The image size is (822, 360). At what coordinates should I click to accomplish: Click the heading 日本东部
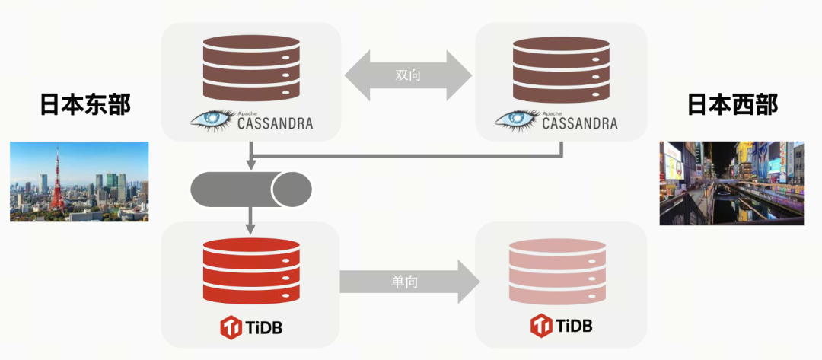[85, 105]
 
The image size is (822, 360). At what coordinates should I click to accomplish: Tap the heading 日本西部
[733, 105]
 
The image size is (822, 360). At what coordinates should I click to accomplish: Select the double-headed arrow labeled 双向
[408, 76]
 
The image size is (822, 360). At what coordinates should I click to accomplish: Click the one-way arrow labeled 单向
[409, 282]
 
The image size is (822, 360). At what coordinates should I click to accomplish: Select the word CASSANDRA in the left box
[274, 123]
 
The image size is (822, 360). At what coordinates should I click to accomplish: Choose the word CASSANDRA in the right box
[580, 123]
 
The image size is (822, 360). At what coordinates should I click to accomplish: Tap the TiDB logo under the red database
[251, 328]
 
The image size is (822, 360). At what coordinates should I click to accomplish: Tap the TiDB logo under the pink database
[561, 326]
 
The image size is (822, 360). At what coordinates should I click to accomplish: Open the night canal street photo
[731, 183]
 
